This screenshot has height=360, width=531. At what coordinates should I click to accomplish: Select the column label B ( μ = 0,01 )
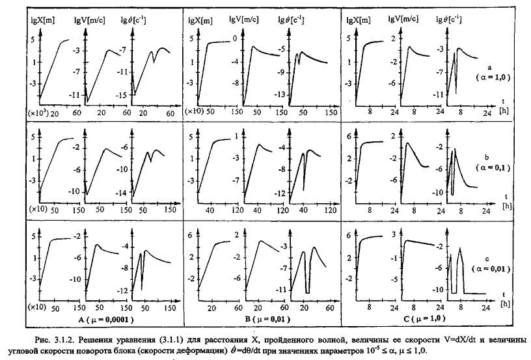click(260, 320)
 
